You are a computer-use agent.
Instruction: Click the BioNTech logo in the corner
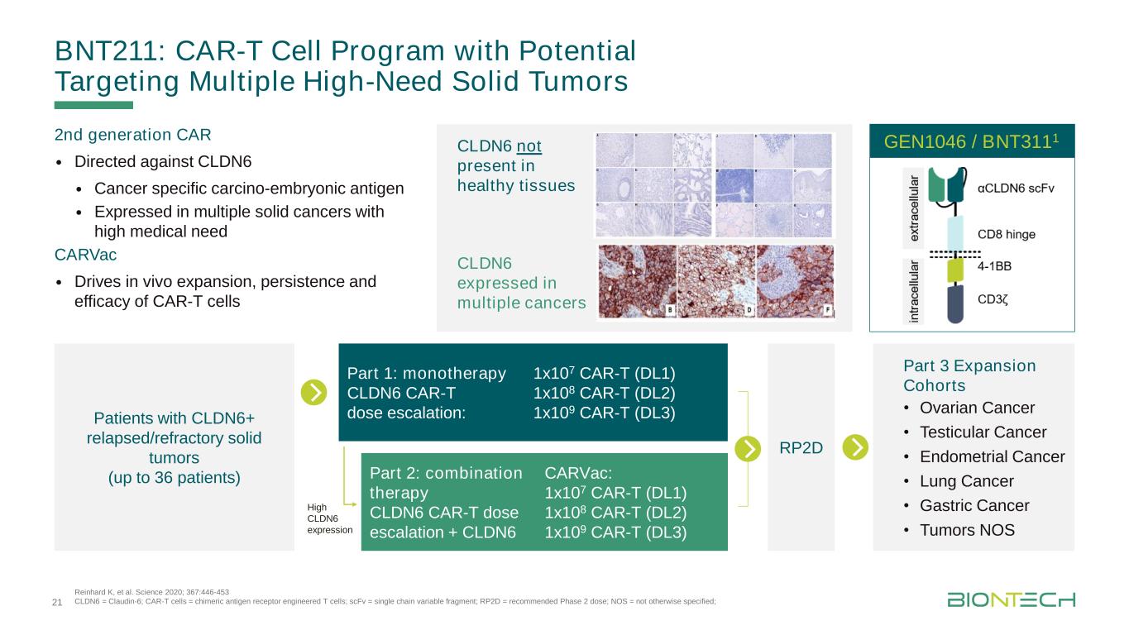point(1011,599)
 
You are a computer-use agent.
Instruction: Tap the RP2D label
point(801,447)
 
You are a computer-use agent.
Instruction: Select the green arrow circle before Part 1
point(313,392)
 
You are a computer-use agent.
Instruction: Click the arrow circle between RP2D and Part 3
point(855,447)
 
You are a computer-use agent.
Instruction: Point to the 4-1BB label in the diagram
point(994,266)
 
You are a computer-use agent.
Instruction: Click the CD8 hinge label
point(1006,234)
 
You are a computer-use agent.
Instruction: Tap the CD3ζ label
point(993,299)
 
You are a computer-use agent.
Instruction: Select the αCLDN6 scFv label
point(1016,189)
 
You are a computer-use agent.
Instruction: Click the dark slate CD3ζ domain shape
point(955,304)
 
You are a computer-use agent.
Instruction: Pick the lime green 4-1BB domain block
point(955,270)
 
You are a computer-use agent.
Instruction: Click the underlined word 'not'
point(529,146)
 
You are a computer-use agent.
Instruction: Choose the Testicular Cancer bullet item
point(983,432)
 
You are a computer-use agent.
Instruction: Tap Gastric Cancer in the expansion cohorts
point(974,505)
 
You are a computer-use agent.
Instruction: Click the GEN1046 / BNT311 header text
point(971,141)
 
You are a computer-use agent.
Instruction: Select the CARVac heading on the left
point(86,255)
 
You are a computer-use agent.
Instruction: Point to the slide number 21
point(57,602)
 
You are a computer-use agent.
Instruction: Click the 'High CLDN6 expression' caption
point(330,518)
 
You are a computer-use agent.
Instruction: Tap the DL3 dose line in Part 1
point(605,413)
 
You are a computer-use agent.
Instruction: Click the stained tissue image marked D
point(716,281)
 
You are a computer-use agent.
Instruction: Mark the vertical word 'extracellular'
point(913,208)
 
